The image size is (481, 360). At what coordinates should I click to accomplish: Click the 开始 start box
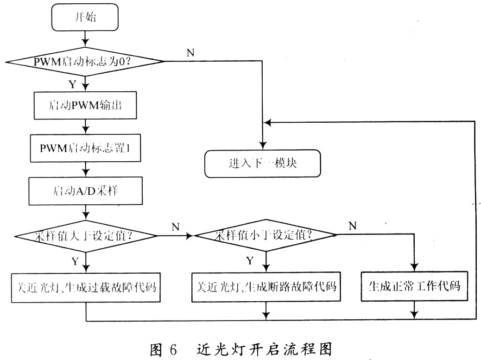[x=86, y=18]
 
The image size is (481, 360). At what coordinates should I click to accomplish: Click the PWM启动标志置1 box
[x=86, y=149]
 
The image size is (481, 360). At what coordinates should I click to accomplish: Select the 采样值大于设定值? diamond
[x=86, y=236]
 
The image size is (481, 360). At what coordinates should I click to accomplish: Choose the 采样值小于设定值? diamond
[x=266, y=235]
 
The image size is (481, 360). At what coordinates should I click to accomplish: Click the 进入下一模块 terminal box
[x=262, y=164]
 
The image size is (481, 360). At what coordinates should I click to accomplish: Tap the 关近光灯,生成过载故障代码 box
[x=86, y=287]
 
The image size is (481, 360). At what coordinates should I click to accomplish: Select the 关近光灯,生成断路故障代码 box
[x=266, y=287]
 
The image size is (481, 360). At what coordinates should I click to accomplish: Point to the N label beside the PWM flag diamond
[x=190, y=52]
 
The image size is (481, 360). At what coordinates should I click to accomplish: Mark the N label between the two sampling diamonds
[x=175, y=227]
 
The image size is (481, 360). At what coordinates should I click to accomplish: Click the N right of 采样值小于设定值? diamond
[x=353, y=227]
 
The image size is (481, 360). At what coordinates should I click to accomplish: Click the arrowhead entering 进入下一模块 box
[x=262, y=145]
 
